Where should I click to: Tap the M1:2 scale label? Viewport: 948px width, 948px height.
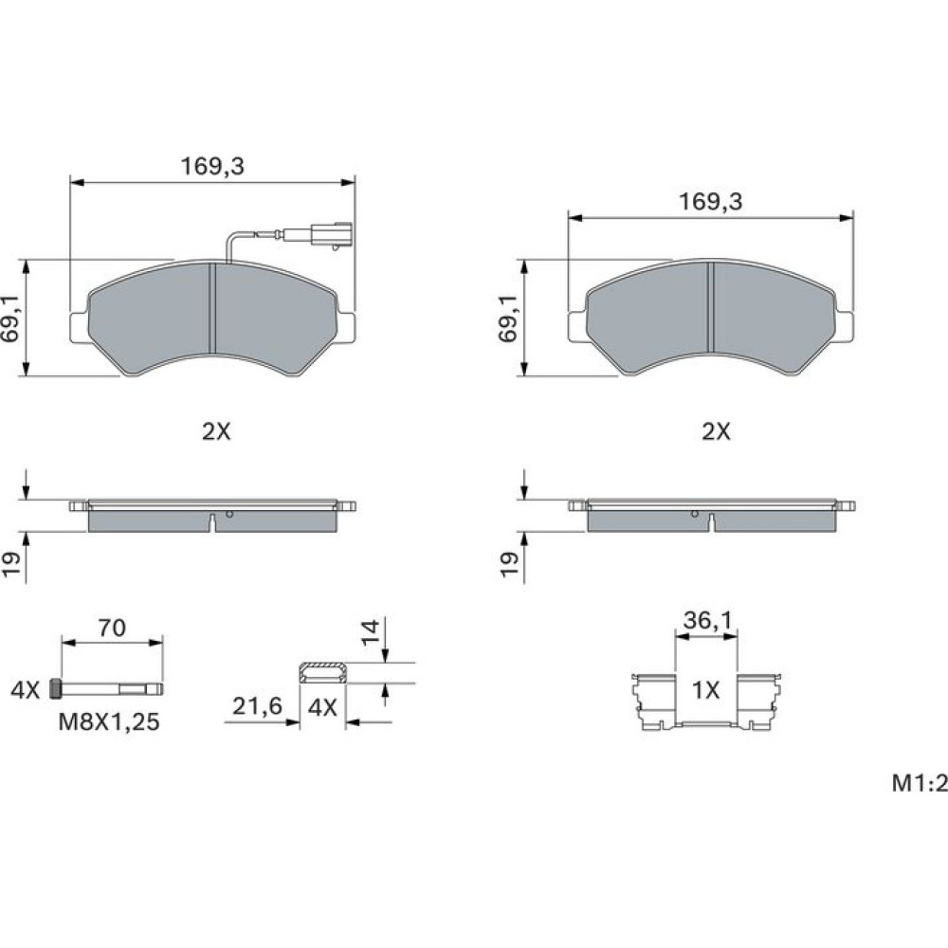pyautogui.click(x=920, y=784)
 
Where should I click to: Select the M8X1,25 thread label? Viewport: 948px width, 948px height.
pyautogui.click(x=109, y=721)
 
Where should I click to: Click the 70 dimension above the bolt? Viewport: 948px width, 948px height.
pyautogui.click(x=112, y=629)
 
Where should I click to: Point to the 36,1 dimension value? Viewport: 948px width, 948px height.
pyautogui.click(x=707, y=620)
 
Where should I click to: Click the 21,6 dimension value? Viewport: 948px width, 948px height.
pyautogui.click(x=257, y=705)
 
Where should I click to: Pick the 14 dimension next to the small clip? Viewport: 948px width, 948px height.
pyautogui.click(x=370, y=631)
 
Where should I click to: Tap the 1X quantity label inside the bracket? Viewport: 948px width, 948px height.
pyautogui.click(x=705, y=690)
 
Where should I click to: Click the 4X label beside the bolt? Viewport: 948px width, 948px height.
pyautogui.click(x=25, y=690)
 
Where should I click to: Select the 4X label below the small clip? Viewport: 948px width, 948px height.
pyautogui.click(x=322, y=707)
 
